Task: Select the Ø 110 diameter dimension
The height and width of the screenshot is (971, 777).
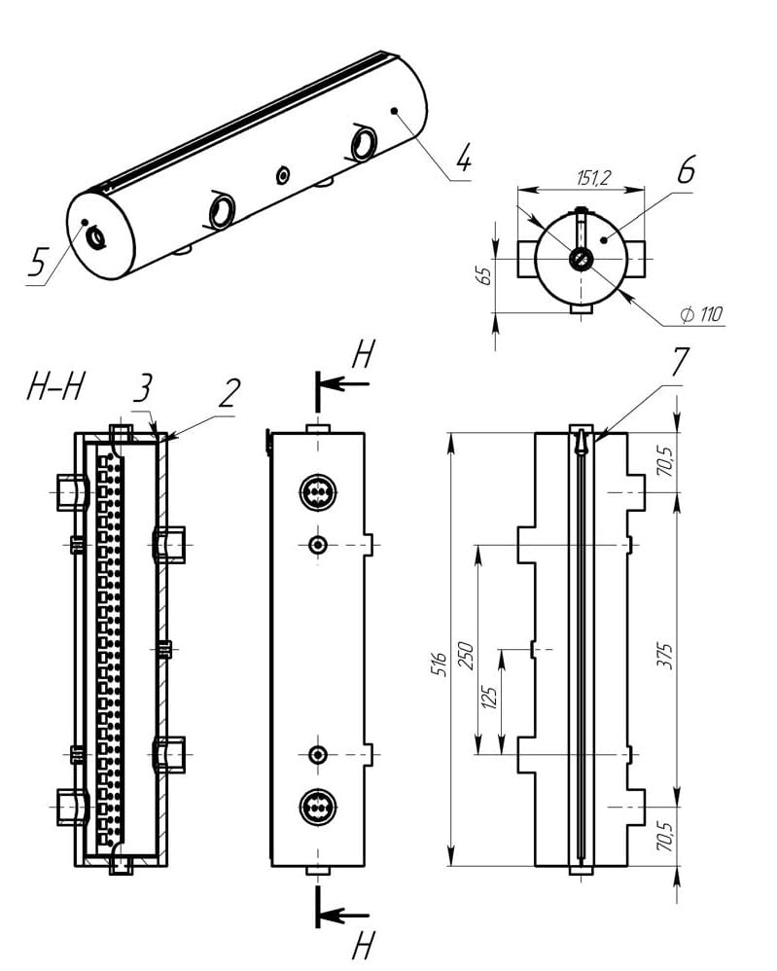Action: tap(702, 314)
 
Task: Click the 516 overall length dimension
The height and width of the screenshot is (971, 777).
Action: tap(439, 665)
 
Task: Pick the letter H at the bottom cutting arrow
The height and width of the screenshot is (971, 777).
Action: tap(363, 944)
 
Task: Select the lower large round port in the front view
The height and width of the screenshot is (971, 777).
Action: tap(317, 807)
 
